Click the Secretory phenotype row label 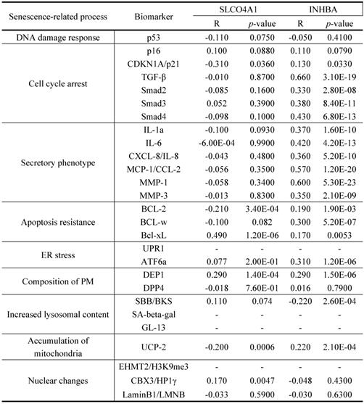click(47, 162)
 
